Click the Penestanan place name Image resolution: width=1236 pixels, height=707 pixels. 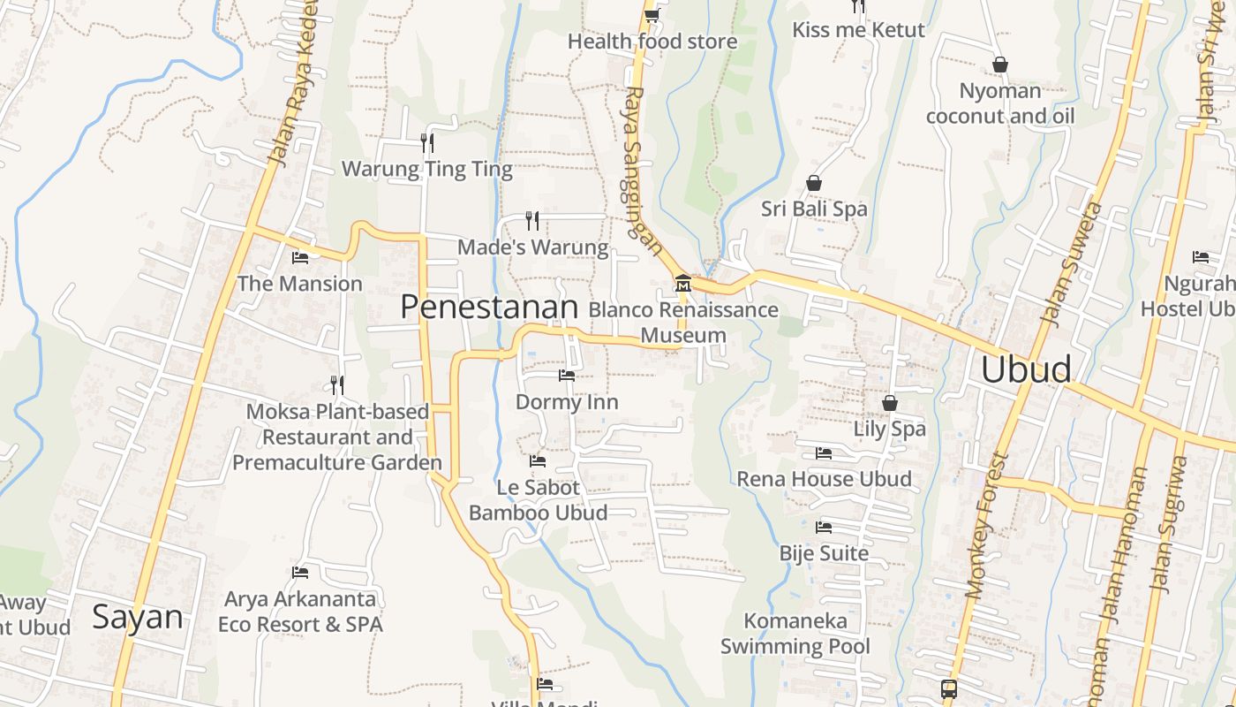point(489,307)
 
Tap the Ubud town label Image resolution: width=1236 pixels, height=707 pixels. point(1027,369)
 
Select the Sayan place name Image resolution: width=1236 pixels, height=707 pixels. point(138,617)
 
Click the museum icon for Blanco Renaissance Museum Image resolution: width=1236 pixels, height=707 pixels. point(682,284)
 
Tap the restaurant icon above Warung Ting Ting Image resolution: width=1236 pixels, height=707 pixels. point(427,142)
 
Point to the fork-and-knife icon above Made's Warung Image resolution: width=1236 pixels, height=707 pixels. point(532,220)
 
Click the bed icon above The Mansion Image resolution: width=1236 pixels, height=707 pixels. point(300,258)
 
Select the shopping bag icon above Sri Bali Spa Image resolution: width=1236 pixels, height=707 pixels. point(814,183)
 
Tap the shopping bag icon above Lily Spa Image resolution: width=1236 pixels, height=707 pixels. point(890,403)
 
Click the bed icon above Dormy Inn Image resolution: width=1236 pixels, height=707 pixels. point(567,376)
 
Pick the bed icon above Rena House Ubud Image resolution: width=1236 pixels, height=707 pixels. point(824,453)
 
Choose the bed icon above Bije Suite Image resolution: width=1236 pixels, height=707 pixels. point(824,528)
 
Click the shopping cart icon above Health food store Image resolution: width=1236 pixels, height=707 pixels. point(652,14)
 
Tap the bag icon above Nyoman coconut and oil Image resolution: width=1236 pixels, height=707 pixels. point(1000,65)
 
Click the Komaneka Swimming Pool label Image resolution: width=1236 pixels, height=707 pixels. point(795,634)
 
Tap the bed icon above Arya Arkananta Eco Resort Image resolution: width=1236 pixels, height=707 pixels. point(300,573)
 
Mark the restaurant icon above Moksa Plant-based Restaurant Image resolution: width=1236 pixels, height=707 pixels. point(337,384)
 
